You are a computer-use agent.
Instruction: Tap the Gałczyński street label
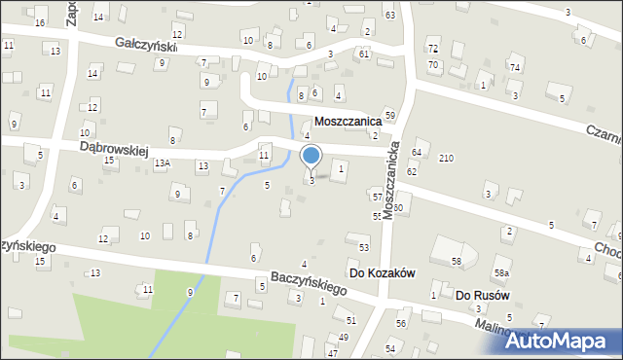coord(145,45)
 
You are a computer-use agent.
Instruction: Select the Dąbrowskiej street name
coord(113,148)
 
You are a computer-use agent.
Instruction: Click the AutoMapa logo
coord(566,341)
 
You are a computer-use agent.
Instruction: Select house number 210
coord(446,158)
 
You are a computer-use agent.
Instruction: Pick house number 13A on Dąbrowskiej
coord(162,164)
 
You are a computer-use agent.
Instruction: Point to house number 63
coord(389,16)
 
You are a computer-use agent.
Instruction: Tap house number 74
coord(514,67)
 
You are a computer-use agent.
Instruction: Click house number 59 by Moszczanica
coord(389,116)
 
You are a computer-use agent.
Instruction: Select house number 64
coord(416,153)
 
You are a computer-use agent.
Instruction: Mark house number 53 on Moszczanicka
coord(364,248)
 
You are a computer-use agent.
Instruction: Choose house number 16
coord(40,22)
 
